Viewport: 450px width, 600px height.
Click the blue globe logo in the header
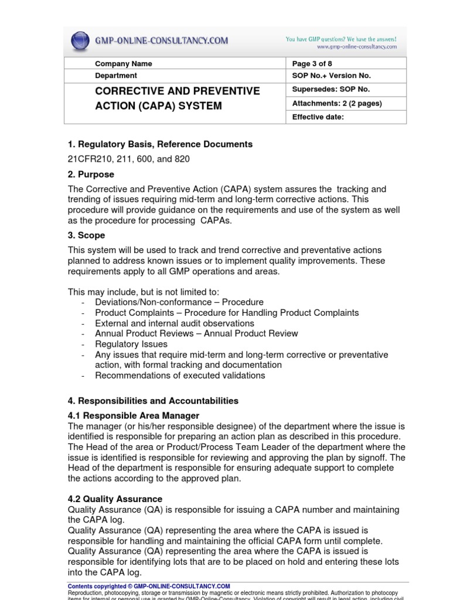(80, 41)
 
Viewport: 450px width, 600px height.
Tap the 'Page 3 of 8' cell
(312, 63)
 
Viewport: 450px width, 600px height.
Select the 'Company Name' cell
(123, 63)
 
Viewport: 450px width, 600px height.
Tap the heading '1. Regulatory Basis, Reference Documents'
(160, 144)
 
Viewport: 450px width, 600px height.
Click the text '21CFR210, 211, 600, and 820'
(129, 159)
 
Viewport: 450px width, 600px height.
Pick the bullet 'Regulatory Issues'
(132, 344)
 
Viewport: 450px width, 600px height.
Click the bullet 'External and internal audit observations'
(174, 323)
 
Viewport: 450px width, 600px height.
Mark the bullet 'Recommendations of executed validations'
(180, 376)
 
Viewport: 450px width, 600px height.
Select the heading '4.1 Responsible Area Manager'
(134, 415)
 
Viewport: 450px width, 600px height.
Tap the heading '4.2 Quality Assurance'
(115, 499)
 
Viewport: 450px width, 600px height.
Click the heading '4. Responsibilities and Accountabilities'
(153, 401)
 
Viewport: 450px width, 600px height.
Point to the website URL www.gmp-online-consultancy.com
(357, 47)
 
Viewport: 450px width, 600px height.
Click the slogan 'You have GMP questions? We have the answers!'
(341, 39)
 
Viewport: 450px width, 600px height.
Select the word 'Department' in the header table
(116, 76)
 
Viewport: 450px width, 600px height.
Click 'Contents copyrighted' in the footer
(97, 586)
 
